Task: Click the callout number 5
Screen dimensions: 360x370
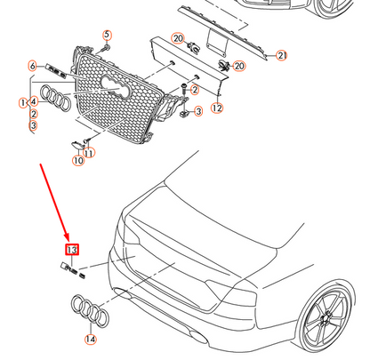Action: (x=107, y=35)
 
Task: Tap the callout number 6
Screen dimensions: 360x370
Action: (x=33, y=67)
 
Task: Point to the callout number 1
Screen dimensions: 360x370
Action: (x=23, y=103)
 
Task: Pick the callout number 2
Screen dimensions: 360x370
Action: (x=33, y=114)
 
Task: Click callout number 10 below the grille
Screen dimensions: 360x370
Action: (x=78, y=160)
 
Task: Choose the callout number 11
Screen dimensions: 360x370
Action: (x=90, y=153)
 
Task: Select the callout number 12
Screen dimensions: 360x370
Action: (x=216, y=108)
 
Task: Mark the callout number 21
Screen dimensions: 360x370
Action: (x=282, y=56)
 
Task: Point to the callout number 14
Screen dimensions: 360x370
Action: (x=90, y=339)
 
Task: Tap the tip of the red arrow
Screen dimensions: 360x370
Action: (x=71, y=238)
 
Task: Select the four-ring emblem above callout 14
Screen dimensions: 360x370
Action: (x=89, y=313)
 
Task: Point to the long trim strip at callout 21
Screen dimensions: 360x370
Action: (x=222, y=31)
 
